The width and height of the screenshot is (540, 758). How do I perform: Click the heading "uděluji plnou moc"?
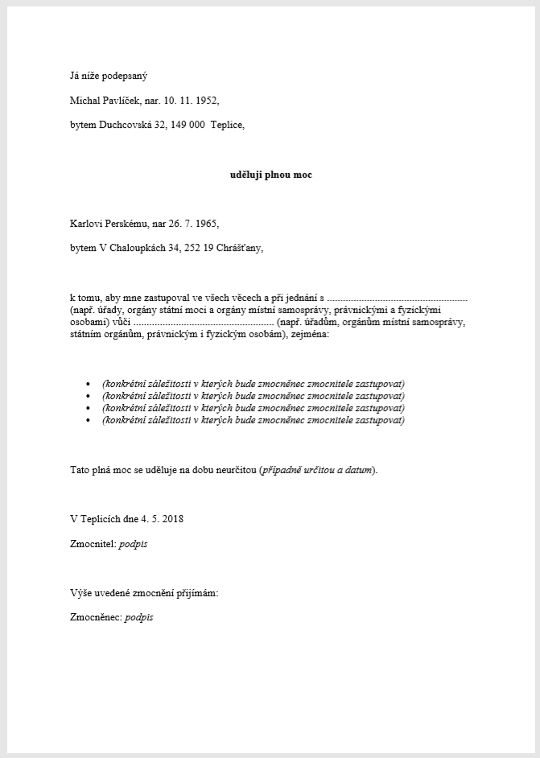point(270,175)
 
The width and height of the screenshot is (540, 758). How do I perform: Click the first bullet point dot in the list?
point(88,384)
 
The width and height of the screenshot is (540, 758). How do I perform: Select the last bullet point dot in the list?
point(88,420)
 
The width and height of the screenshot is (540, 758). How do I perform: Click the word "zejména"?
point(308,333)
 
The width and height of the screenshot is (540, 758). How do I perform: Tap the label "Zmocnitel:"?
point(93,544)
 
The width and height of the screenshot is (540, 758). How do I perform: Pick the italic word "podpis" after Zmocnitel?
point(134,544)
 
